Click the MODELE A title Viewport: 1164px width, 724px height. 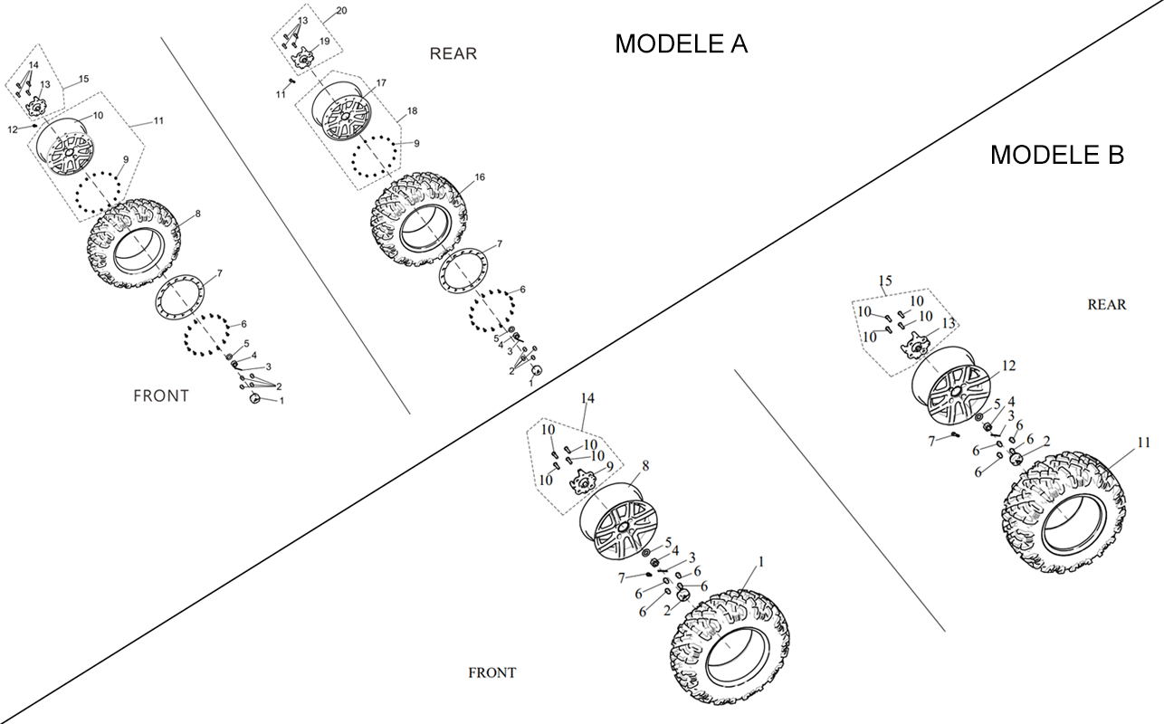pos(682,43)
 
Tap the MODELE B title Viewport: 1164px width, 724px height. pos(1057,155)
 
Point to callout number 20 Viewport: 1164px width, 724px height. pos(341,11)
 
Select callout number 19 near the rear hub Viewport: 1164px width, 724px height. pos(324,41)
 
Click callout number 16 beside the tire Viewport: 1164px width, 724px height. pos(480,177)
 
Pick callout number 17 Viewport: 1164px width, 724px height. pos(381,82)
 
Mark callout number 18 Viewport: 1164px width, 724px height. pos(412,110)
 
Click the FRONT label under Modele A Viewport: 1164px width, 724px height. pos(161,396)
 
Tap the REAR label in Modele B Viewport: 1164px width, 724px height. pos(1107,305)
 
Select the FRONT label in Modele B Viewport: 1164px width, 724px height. pos(492,672)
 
